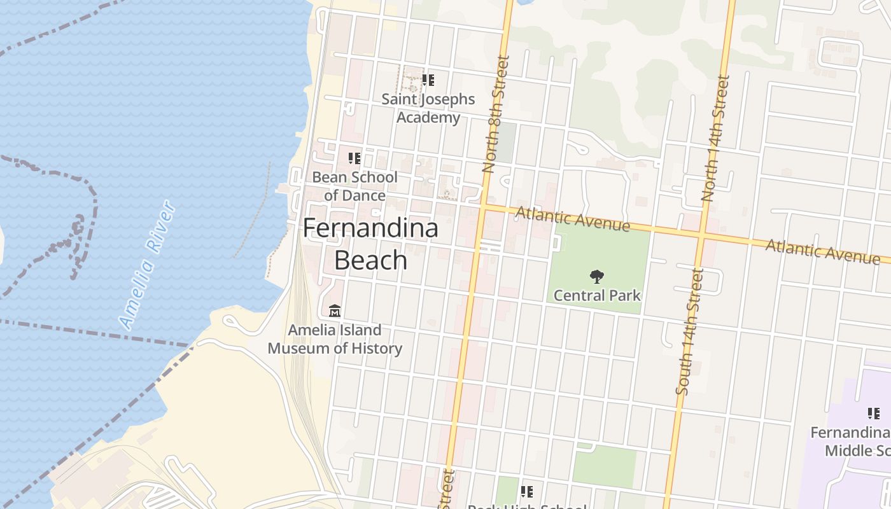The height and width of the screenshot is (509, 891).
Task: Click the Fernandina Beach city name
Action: tap(370, 244)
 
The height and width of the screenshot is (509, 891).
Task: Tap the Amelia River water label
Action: tap(147, 264)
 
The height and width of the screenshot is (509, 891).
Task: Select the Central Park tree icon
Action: tap(596, 277)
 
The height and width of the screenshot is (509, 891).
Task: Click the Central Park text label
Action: tap(596, 295)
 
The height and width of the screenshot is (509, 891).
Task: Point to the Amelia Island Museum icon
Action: tap(335, 310)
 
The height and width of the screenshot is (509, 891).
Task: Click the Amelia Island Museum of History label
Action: tap(335, 339)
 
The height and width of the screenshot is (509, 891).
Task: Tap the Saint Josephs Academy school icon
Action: tap(428, 80)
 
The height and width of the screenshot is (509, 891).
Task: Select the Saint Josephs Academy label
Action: tap(428, 108)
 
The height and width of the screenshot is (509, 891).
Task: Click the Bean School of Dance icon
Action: tap(354, 158)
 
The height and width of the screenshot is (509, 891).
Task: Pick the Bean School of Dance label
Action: tap(354, 186)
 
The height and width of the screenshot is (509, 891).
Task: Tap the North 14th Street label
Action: tap(715, 139)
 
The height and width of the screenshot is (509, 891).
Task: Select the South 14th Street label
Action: tap(690, 331)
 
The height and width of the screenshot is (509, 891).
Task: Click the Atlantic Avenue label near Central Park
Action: tap(573, 218)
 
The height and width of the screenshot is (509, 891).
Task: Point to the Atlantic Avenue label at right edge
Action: tap(822, 250)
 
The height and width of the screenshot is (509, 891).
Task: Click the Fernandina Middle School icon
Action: tap(873, 414)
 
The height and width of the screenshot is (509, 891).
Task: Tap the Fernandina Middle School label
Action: tap(850, 442)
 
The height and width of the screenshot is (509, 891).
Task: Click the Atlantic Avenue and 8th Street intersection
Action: tap(482, 207)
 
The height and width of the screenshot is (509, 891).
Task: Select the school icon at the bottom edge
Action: tap(526, 491)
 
